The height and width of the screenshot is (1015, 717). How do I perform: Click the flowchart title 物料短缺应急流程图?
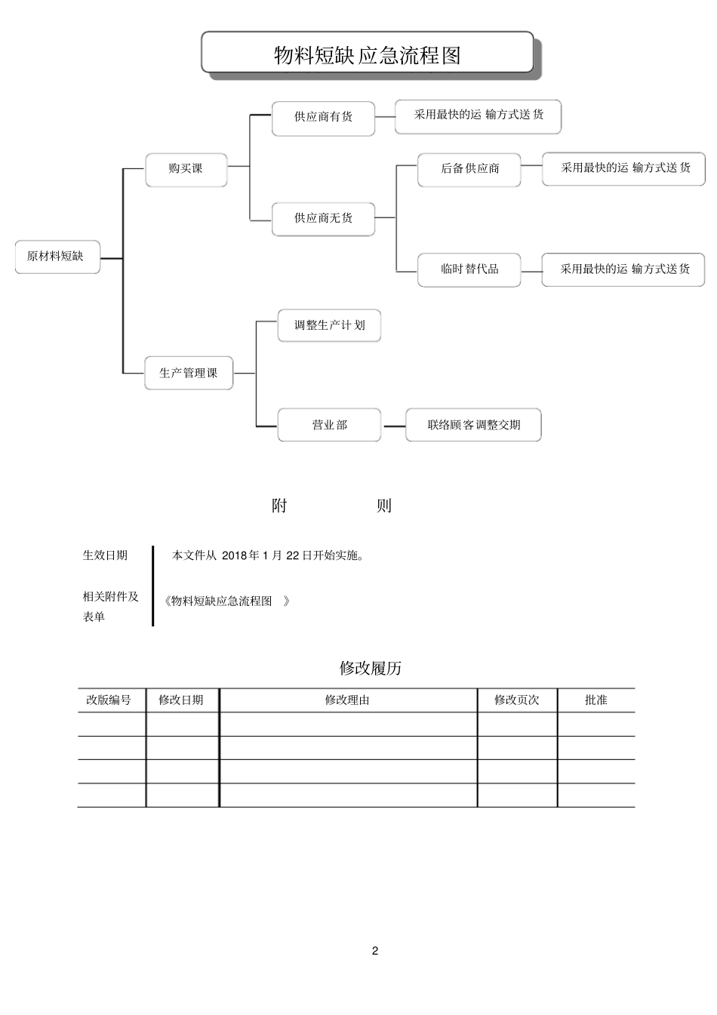pyautogui.click(x=367, y=55)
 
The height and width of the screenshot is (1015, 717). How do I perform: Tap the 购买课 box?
pyautogui.click(x=186, y=168)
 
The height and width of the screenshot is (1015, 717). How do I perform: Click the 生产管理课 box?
pyautogui.click(x=189, y=373)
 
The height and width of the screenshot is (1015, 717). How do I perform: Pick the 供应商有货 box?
pyautogui.click(x=323, y=117)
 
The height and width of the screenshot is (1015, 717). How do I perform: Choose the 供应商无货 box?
pyautogui.click(x=323, y=218)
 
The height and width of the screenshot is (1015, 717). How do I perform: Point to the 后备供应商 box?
pyautogui.click(x=469, y=168)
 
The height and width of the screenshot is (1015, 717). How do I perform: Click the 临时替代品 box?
pyautogui.click(x=469, y=269)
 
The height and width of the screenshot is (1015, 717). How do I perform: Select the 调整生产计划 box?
pyautogui.click(x=329, y=325)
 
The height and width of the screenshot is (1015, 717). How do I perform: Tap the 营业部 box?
pyautogui.click(x=329, y=425)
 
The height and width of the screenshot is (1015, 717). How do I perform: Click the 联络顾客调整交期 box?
pyautogui.click(x=473, y=425)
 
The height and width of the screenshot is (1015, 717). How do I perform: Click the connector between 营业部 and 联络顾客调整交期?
pyautogui.click(x=393, y=426)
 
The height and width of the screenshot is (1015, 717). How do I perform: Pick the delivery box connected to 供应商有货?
pyautogui.click(x=478, y=115)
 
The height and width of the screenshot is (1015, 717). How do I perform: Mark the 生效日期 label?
pyautogui.click(x=105, y=555)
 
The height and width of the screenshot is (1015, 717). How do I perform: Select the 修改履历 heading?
pyautogui.click(x=370, y=668)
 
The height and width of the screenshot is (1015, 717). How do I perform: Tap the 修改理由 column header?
pyautogui.click(x=347, y=700)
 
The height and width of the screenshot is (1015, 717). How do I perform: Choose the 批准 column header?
pyautogui.click(x=595, y=700)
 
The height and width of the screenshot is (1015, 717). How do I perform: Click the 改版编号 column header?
pyautogui.click(x=109, y=700)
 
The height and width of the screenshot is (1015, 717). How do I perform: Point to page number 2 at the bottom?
pyautogui.click(x=375, y=951)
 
